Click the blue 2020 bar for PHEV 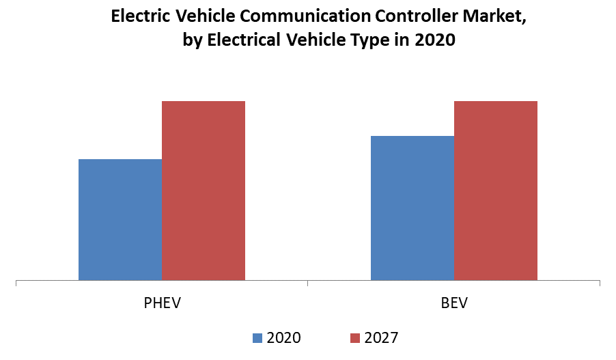[x=120, y=219]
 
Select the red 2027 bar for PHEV [x=204, y=191]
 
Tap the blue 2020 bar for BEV [x=412, y=208]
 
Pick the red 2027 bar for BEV [x=496, y=191]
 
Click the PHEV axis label [x=162, y=303]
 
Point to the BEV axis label [x=454, y=303]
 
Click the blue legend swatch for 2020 [x=257, y=337]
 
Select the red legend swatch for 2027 [x=354, y=337]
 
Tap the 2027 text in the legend [x=381, y=337]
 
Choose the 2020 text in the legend [x=283, y=337]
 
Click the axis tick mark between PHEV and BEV [x=308, y=283]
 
